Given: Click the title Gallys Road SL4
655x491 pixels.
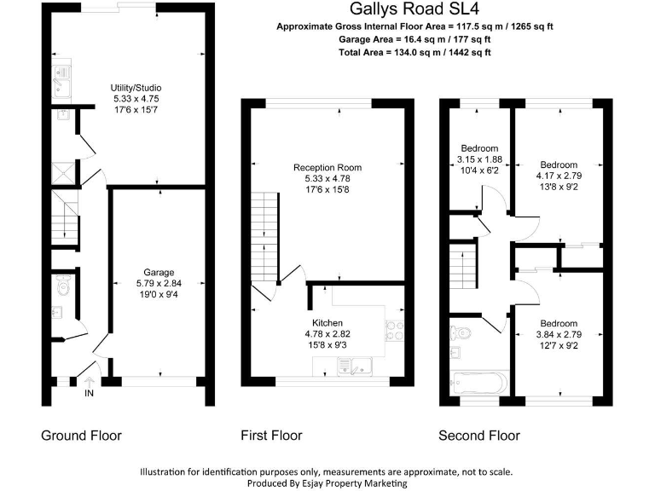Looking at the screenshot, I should (x=414, y=9).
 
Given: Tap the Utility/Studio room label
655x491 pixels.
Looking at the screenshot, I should (x=136, y=88).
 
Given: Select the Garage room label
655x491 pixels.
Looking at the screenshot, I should (x=158, y=273).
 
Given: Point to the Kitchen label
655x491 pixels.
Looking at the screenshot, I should (x=327, y=323).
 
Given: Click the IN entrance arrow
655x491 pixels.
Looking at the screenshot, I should (x=89, y=384).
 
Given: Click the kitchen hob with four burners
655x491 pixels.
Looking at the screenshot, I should (x=395, y=329).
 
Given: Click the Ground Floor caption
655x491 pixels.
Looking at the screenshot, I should (x=81, y=436).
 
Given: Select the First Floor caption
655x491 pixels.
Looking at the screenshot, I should (x=271, y=436).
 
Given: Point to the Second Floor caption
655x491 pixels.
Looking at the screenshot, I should (x=478, y=436).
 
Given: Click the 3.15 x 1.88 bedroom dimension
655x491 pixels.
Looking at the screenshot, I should (x=479, y=159).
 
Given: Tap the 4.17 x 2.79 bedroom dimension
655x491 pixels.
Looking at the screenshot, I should (x=558, y=176).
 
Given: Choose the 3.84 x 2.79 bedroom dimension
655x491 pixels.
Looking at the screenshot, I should (x=558, y=334).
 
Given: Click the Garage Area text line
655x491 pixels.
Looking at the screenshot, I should (x=414, y=39).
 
